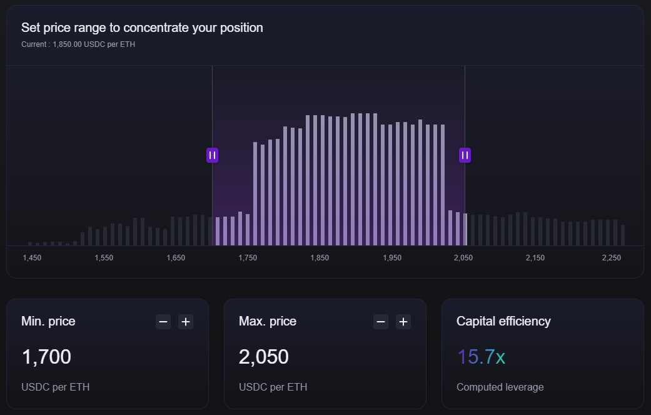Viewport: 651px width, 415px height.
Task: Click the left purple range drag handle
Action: (x=212, y=155)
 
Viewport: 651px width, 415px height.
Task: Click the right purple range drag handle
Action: (x=465, y=155)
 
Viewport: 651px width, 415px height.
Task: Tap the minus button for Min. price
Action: (x=163, y=322)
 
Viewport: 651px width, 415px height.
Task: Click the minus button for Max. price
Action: (x=381, y=322)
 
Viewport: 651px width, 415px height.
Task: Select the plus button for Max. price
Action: (x=403, y=322)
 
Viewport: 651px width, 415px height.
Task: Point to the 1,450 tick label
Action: (x=32, y=258)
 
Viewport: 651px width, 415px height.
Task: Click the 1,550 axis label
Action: (x=104, y=258)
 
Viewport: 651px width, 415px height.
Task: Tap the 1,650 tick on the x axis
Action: (x=176, y=258)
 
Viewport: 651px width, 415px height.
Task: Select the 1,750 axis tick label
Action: (x=248, y=258)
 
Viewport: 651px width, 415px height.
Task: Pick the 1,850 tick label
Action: (x=320, y=258)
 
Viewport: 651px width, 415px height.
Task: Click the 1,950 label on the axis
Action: (x=392, y=258)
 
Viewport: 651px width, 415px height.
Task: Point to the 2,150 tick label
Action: (x=535, y=258)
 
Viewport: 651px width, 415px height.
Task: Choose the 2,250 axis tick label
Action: (x=612, y=258)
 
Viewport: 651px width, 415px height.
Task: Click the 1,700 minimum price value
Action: (x=46, y=357)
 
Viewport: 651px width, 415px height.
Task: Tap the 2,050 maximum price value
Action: (x=264, y=357)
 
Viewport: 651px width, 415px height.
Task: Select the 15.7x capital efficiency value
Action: (x=481, y=357)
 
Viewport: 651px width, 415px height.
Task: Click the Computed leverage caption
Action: (x=500, y=387)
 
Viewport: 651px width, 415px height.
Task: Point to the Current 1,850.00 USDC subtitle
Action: (x=78, y=44)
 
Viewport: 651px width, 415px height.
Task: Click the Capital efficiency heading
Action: (x=503, y=321)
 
